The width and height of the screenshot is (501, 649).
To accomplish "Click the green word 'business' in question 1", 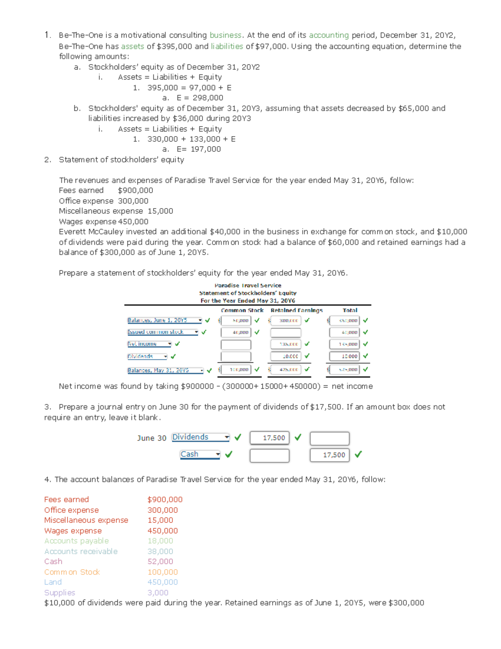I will click(225, 36).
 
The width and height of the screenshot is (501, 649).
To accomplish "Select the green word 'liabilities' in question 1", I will click(227, 46).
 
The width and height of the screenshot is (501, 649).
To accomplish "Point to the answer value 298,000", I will click(207, 98).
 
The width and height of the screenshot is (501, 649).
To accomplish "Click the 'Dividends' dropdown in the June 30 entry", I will click(201, 437).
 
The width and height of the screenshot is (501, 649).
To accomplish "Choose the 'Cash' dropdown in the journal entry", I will click(200, 454).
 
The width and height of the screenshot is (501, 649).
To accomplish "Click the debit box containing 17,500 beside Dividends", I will click(269, 438).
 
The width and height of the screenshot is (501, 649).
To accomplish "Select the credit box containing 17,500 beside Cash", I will click(329, 455).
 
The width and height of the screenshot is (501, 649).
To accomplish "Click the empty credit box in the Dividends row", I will click(329, 438).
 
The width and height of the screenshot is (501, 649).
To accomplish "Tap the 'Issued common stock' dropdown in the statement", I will click(163, 332).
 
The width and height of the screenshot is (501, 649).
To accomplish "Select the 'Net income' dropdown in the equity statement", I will click(149, 344).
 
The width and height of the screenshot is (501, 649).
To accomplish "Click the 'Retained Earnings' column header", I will click(296, 310).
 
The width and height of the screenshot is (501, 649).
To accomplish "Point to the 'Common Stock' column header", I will click(242, 310).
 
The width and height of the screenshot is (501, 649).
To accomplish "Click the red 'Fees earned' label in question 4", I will click(66, 500).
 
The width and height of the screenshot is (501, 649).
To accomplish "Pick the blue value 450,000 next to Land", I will click(162, 582).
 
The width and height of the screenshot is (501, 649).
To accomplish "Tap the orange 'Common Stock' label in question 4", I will click(72, 572).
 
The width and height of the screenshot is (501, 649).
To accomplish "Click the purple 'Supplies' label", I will click(60, 593).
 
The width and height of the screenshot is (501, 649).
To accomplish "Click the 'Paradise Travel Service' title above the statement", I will click(248, 285).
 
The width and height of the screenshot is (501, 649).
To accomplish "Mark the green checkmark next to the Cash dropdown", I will click(229, 454).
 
